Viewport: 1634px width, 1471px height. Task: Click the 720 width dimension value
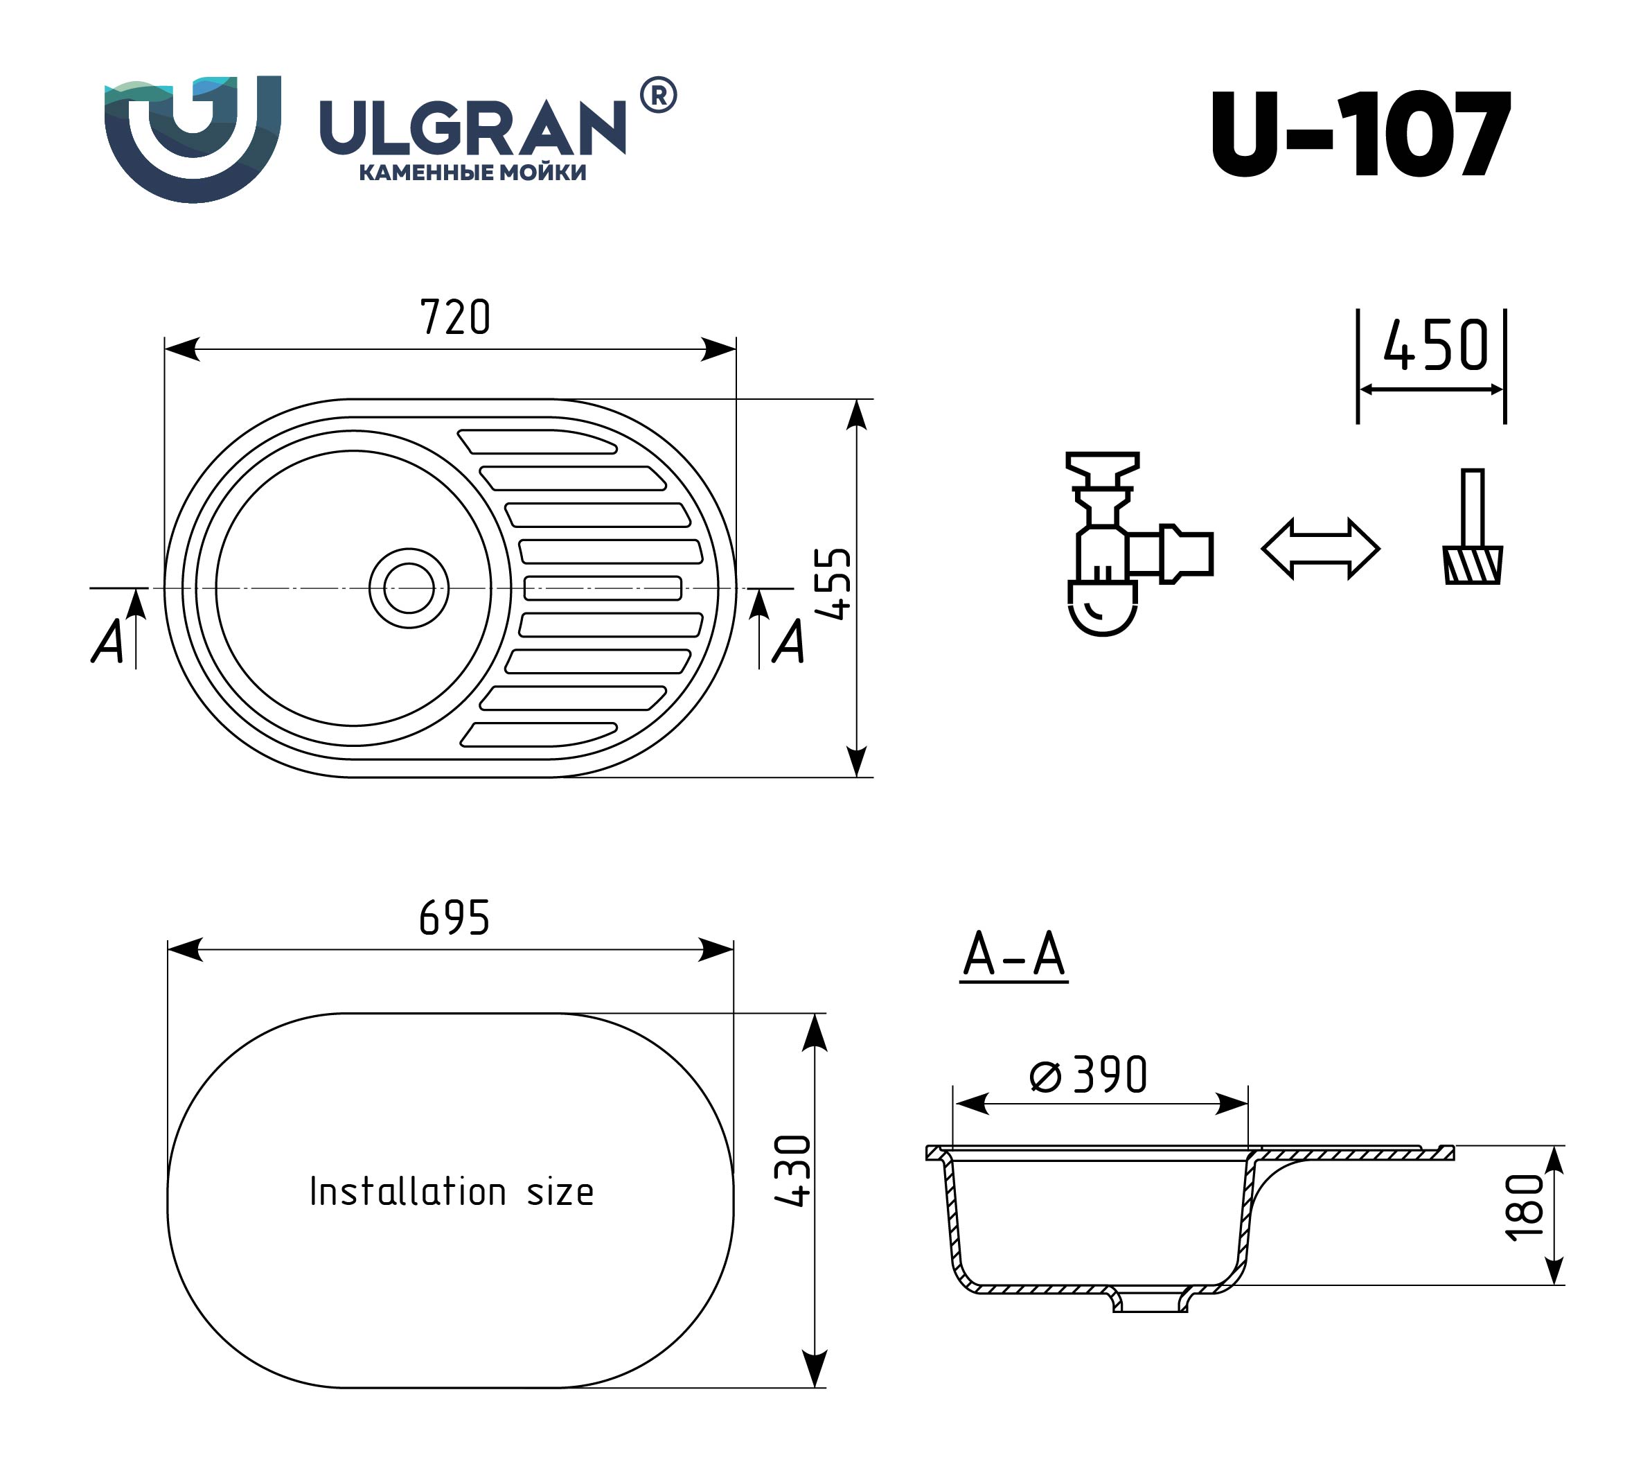point(455,317)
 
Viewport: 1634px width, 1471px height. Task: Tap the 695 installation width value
point(454,918)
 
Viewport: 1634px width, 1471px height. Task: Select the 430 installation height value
point(792,1171)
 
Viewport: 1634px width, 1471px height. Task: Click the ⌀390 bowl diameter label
point(1089,1075)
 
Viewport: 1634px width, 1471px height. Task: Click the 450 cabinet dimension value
point(1435,346)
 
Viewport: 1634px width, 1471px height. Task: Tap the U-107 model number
point(1360,134)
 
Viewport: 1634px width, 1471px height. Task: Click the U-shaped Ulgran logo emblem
point(193,138)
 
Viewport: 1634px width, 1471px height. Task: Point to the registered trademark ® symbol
point(659,96)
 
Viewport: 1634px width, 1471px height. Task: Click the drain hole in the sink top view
point(409,588)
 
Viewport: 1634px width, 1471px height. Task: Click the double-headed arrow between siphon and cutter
point(1320,549)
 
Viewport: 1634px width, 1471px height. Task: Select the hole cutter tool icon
point(1473,526)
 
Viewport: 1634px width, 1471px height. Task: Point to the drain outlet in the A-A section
point(1150,1300)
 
